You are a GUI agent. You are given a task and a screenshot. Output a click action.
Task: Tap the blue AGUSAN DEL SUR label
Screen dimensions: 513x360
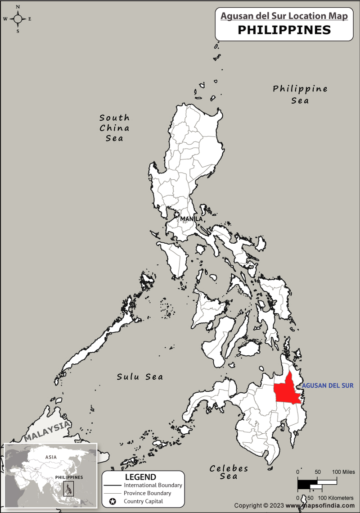coord(328,386)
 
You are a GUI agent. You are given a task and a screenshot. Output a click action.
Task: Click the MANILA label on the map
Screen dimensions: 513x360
coord(191,219)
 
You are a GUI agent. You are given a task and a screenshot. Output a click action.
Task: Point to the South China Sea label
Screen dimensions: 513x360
coord(114,128)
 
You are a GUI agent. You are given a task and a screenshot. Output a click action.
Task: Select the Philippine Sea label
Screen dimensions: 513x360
coord(300,95)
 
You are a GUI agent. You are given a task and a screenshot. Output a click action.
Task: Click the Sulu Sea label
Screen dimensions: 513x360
coord(140,377)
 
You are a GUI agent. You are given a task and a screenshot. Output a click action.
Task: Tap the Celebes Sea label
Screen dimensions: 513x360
coord(229,472)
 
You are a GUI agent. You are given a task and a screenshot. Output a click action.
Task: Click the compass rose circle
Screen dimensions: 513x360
coord(18,19)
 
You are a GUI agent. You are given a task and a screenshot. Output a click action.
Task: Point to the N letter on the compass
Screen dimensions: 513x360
coord(18,7)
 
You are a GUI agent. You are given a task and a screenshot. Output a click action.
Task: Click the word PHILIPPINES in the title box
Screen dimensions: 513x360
coord(284,30)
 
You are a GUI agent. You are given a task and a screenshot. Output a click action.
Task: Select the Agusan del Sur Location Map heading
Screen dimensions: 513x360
coord(284,16)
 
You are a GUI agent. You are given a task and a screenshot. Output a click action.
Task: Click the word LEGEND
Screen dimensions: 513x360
coord(140,477)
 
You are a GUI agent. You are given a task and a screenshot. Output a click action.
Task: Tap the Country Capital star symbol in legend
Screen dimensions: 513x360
coord(112,501)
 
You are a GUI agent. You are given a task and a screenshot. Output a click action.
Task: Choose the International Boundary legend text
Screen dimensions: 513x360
coord(153,485)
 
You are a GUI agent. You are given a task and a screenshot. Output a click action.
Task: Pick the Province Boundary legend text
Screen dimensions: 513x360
coord(148,493)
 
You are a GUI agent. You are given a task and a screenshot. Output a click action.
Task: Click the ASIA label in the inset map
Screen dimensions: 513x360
coord(51,457)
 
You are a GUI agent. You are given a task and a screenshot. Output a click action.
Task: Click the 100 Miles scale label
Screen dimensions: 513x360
coord(343,472)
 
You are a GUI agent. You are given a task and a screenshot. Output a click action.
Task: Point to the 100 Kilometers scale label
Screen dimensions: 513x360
coord(336,498)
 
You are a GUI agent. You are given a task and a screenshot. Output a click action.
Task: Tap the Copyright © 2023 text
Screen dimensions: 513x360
coord(259,505)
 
